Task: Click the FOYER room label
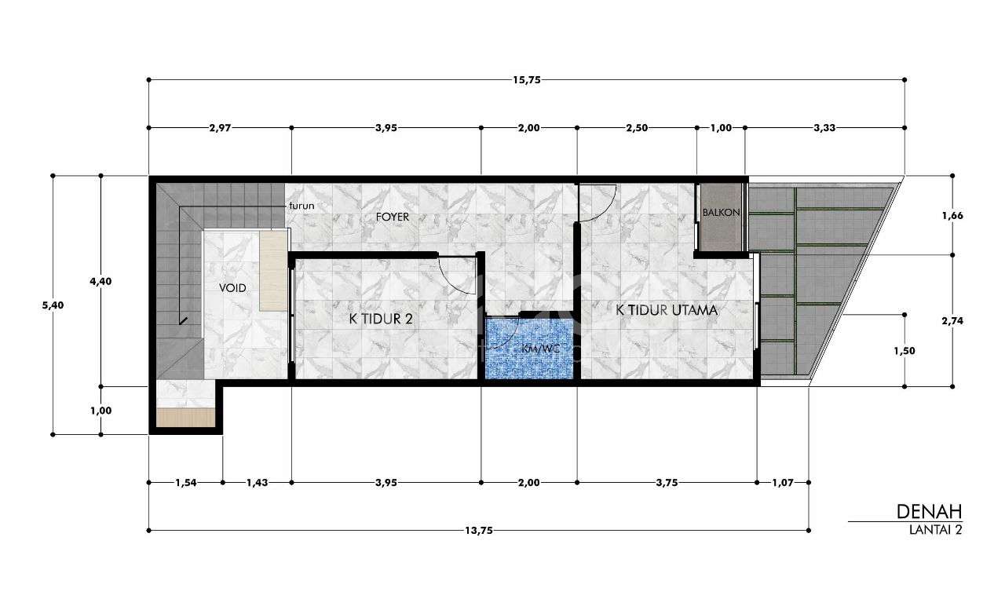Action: (x=393, y=217)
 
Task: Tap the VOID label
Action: (x=232, y=288)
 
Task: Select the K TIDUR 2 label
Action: (x=381, y=319)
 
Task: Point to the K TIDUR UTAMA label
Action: (x=667, y=310)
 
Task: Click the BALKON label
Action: (x=721, y=212)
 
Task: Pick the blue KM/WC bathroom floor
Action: (x=529, y=349)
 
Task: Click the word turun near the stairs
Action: (x=302, y=206)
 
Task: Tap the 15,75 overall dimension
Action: (x=527, y=80)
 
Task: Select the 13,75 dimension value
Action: (x=479, y=531)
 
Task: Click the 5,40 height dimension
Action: (x=53, y=305)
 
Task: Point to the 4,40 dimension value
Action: (x=101, y=281)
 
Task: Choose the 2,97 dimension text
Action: (x=220, y=128)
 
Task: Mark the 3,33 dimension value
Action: (x=824, y=128)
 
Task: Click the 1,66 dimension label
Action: (x=952, y=216)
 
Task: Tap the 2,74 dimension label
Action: (x=952, y=321)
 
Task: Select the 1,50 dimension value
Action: (x=904, y=351)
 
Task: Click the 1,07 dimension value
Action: (x=783, y=483)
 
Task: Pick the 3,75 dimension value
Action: (x=667, y=483)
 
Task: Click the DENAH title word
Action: (x=929, y=512)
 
